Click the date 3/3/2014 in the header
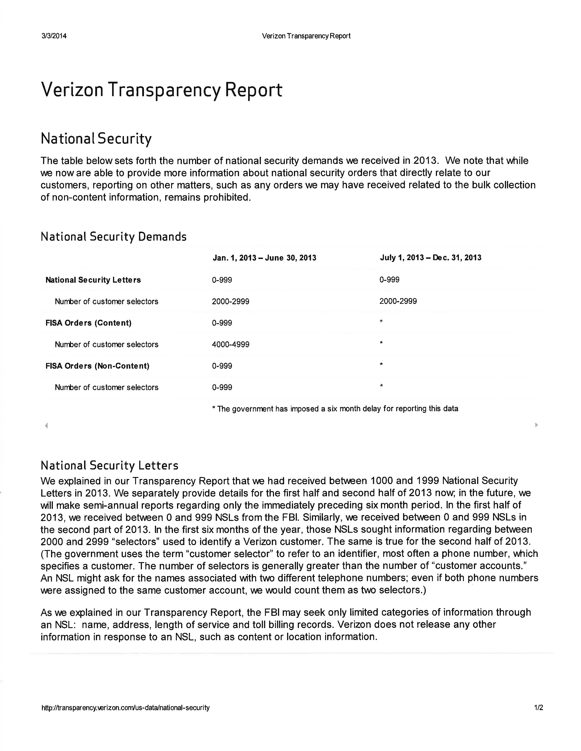point(54,36)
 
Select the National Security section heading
point(96,139)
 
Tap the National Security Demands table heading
point(114,237)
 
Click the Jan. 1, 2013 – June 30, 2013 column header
point(264,258)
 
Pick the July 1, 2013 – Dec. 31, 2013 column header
point(430,258)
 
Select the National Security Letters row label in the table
point(93,280)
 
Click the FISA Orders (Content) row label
point(88,323)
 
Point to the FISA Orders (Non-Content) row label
point(98,366)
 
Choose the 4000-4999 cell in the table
point(231,344)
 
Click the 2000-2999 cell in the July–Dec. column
point(398,301)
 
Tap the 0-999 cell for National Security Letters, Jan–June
point(222,280)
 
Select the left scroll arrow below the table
point(46,425)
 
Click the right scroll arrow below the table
point(536,425)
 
